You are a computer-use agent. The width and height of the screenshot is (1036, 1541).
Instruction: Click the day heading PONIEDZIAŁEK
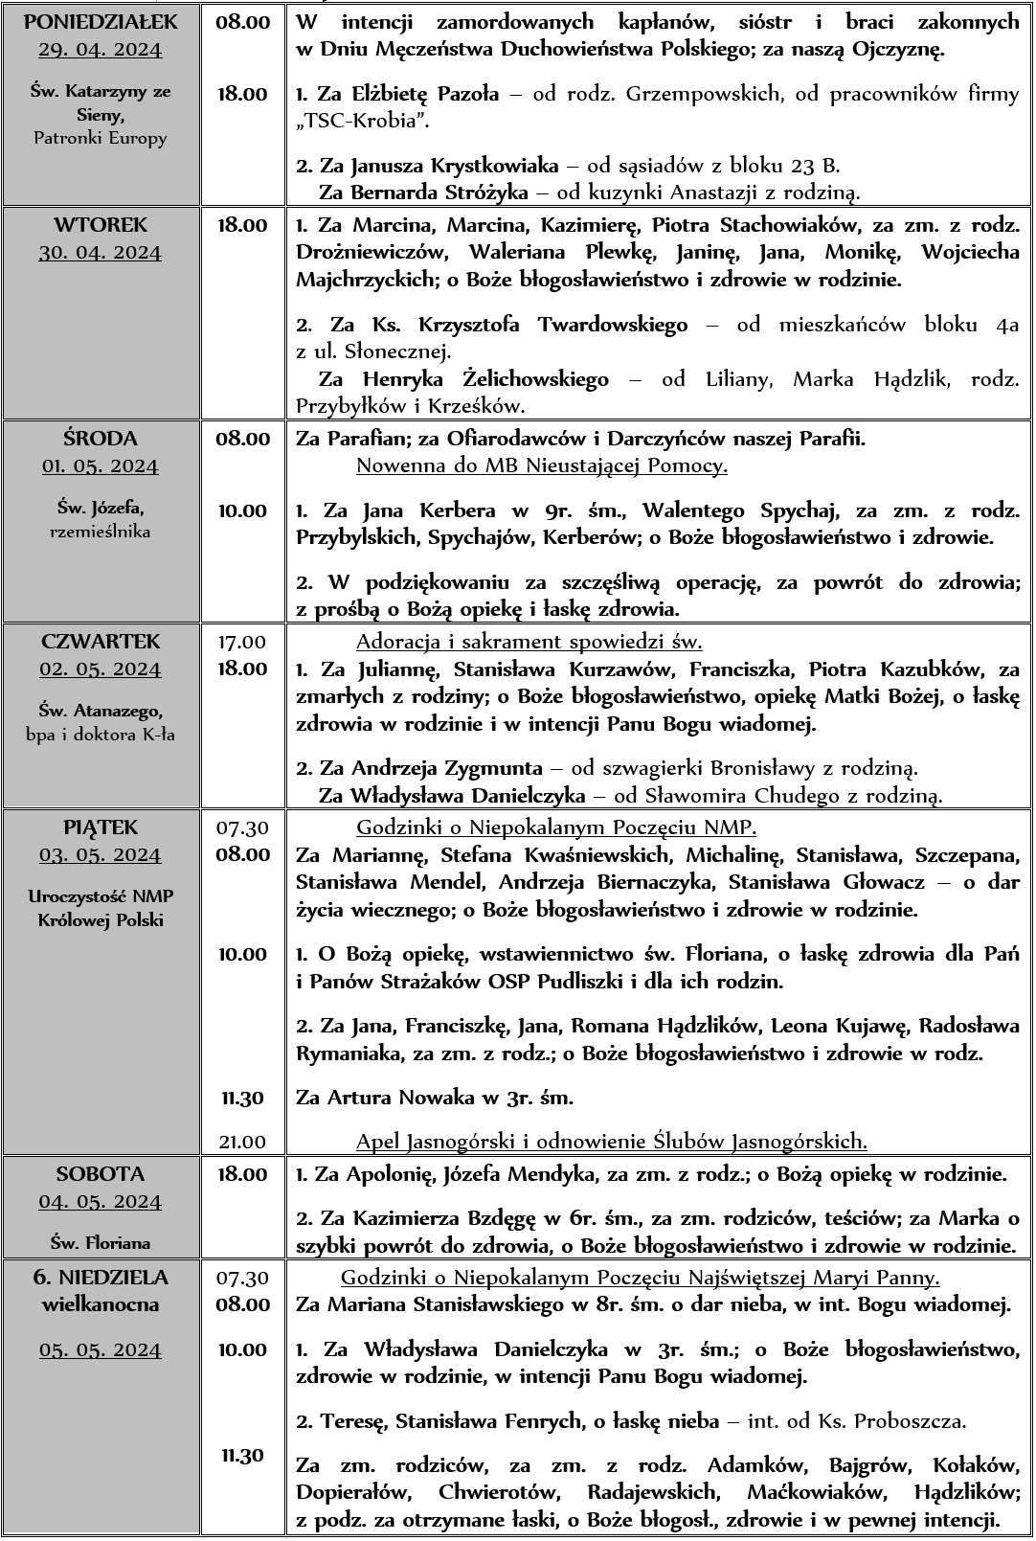pos(100,21)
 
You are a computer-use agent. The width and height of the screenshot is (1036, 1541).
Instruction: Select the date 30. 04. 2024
pos(100,253)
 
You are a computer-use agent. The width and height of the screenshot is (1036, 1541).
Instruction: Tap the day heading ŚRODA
pos(100,438)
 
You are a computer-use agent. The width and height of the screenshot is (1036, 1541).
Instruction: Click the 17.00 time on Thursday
pos(242,641)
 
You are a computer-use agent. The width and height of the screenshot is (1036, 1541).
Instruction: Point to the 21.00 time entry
pos(242,1141)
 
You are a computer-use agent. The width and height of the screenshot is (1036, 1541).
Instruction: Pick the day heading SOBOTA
pos(100,1173)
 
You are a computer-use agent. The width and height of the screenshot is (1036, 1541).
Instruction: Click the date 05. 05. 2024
pos(100,1349)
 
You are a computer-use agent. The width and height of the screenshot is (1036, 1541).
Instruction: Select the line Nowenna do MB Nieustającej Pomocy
pos(541,466)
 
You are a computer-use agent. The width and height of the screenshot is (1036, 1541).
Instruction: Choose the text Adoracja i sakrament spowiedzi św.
pos(529,641)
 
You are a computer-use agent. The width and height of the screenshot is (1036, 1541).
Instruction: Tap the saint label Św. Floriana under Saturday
pos(100,1243)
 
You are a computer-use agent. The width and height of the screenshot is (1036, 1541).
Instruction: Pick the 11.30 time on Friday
pos(242,1098)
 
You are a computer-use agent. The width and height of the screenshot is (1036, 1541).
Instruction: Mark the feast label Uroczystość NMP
pos(100,896)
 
